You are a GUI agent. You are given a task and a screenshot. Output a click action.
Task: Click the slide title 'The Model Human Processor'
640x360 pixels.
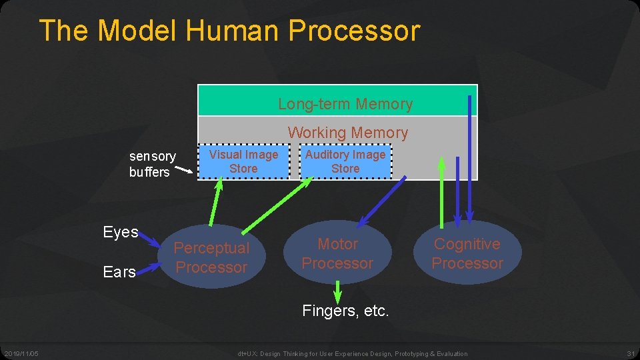[229, 31]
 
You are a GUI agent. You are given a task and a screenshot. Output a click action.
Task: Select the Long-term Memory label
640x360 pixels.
[345, 104]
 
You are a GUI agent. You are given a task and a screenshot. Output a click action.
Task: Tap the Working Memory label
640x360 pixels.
[347, 133]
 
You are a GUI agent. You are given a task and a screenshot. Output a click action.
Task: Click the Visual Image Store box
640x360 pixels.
[243, 162]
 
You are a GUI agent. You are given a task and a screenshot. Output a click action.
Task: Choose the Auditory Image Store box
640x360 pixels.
[345, 162]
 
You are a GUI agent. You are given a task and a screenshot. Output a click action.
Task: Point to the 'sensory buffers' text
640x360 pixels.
[152, 164]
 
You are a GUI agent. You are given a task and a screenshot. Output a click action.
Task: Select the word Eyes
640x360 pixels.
[121, 233]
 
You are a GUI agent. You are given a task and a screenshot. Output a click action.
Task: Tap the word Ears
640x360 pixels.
[119, 272]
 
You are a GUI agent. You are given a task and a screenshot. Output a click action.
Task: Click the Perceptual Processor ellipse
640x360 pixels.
[211, 258]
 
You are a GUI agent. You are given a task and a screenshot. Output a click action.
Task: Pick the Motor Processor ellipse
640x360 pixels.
[337, 254]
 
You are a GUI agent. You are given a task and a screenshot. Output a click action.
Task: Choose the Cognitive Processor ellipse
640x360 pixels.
[467, 254]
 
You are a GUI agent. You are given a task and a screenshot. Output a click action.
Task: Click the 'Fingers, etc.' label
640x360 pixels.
[345, 311]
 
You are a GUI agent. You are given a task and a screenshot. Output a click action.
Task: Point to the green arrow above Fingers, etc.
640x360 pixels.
[337, 291]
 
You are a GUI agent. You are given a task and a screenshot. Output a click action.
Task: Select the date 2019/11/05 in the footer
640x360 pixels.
[21, 353]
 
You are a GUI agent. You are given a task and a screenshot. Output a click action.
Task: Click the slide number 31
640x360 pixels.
[631, 353]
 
